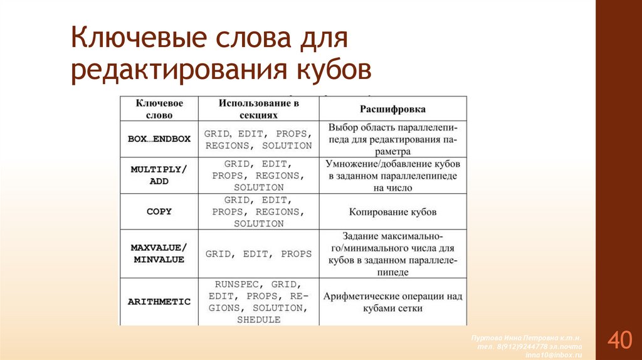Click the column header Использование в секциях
[x=258, y=109]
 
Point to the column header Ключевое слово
[x=159, y=109]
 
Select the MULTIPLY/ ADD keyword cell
[x=159, y=175]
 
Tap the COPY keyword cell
[x=159, y=211]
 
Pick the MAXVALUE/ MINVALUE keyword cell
[x=159, y=253]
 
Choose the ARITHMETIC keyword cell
[x=159, y=302]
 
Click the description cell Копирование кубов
[x=392, y=212]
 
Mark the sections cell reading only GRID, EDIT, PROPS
[x=258, y=254]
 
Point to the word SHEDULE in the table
[x=258, y=320]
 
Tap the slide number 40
[x=619, y=340]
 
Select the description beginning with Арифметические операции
[x=392, y=302]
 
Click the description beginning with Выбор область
[x=392, y=139]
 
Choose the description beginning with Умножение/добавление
[x=392, y=175]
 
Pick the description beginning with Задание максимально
[x=392, y=254]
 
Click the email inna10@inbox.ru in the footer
[x=554, y=355]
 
